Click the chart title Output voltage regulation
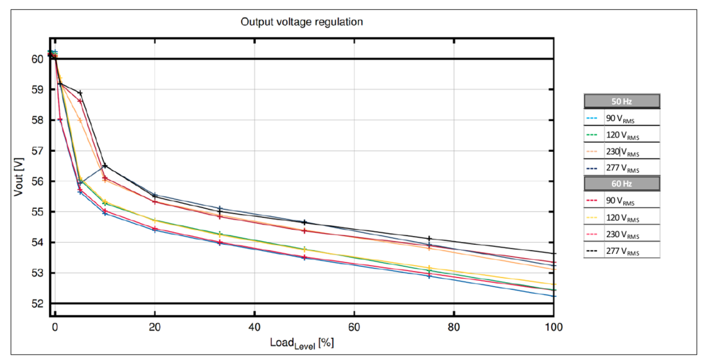[x=302, y=22]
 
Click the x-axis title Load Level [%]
[x=302, y=342]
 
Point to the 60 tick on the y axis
[x=38, y=59]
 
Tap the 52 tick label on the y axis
[x=38, y=304]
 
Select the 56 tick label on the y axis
[x=38, y=181]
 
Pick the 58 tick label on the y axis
[x=38, y=120]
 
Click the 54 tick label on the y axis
[x=38, y=243]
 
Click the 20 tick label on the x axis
[x=154, y=326]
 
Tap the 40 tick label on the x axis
[x=254, y=326]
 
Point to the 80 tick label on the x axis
[x=454, y=326]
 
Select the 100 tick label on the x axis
[x=554, y=326]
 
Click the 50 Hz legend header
[x=621, y=101]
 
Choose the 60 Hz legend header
[x=621, y=184]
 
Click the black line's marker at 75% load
[x=429, y=239]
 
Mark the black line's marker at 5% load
[x=80, y=93]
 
